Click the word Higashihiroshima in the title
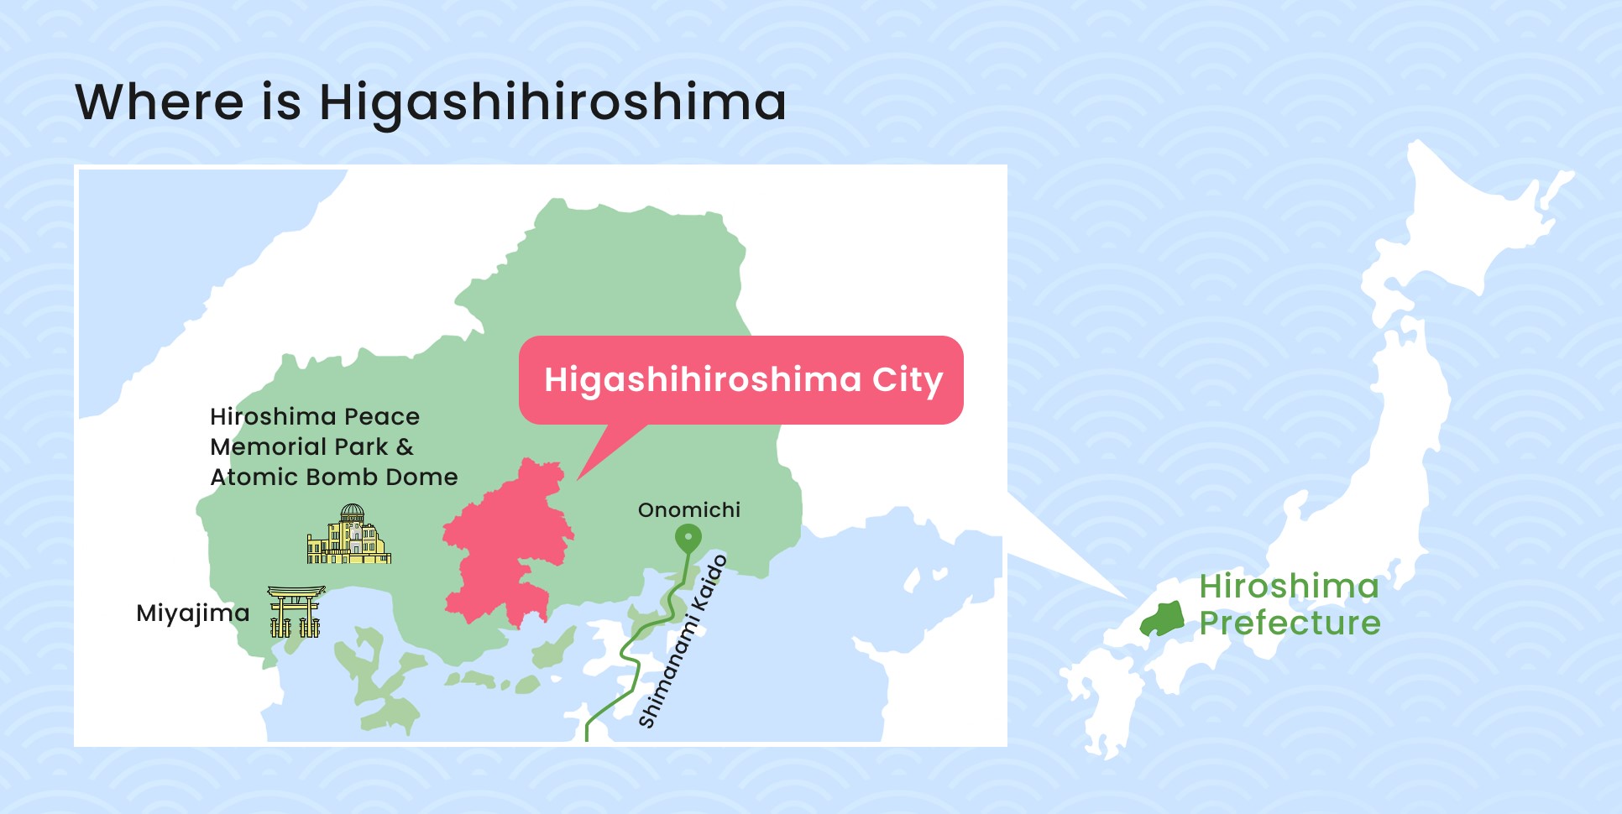pos(552,103)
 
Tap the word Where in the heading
pos(160,103)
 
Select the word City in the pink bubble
pos(908,380)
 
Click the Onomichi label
pos(689,510)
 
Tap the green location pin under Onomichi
pos(688,537)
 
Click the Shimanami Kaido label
pos(683,642)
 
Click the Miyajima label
pos(193,613)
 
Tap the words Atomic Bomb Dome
pos(334,477)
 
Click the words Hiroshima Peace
pos(315,417)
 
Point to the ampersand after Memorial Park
pos(405,447)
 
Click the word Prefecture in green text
pos(1290,624)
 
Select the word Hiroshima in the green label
pos(1290,587)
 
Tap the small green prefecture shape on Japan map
pos(1162,620)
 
